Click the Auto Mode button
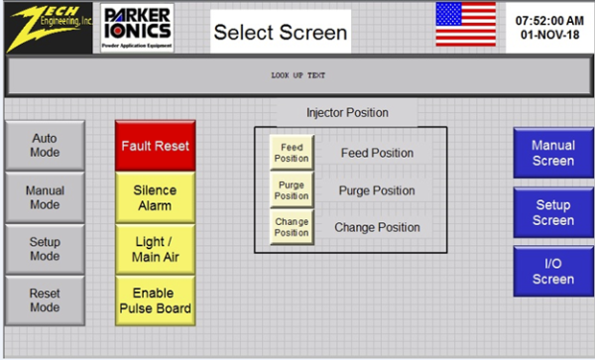click(x=46, y=146)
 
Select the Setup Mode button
click(x=46, y=249)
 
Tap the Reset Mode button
click(x=46, y=301)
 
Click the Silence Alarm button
click(x=156, y=198)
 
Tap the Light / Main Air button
click(x=156, y=249)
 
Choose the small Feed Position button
click(x=292, y=154)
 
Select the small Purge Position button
click(x=292, y=190)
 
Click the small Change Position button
click(x=292, y=227)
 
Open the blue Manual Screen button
click(x=552, y=154)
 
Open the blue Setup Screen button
click(x=552, y=212)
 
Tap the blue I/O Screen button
click(x=552, y=271)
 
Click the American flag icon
click(x=466, y=26)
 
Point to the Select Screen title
click(x=281, y=33)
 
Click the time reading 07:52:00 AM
click(x=550, y=20)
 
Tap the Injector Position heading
click(x=347, y=113)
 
